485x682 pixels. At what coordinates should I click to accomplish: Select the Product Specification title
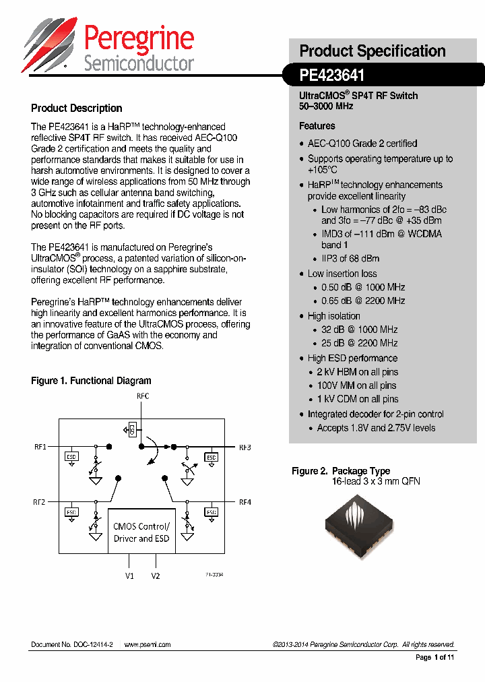(x=372, y=51)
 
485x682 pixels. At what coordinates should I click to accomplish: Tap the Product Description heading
(x=77, y=108)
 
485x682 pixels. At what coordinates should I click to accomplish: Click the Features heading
(x=317, y=126)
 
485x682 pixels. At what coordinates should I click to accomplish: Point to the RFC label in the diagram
(x=143, y=396)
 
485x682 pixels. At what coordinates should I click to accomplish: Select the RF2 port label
(x=39, y=502)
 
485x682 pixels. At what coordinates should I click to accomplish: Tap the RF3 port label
(x=245, y=447)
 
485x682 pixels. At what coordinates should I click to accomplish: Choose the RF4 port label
(x=245, y=502)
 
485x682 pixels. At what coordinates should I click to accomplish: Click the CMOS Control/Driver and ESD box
(x=141, y=532)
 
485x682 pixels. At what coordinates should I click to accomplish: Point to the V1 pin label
(x=129, y=576)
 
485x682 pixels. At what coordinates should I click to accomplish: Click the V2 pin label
(x=156, y=576)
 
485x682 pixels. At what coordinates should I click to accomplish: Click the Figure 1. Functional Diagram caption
(x=91, y=381)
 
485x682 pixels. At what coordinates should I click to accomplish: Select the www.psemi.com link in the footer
(x=148, y=644)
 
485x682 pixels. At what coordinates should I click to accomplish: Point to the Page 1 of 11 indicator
(x=434, y=657)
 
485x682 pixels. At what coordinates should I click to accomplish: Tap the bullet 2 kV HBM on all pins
(x=357, y=372)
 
